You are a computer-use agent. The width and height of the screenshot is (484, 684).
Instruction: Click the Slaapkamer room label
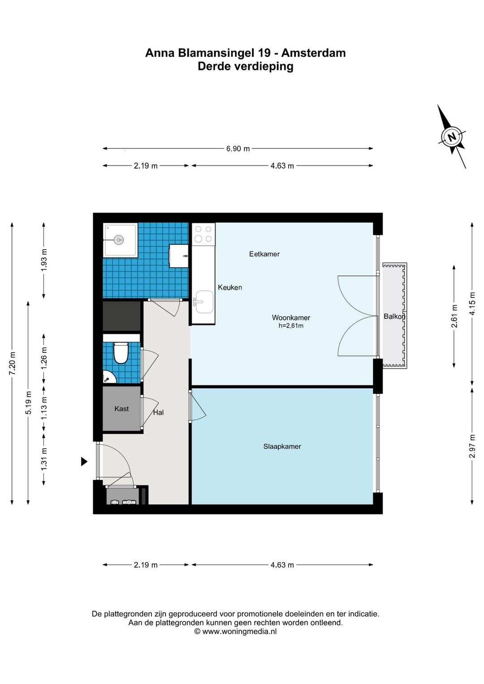[x=282, y=446]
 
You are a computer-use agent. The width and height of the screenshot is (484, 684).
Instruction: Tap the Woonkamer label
[x=291, y=317]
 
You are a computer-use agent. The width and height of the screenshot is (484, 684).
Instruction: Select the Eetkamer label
[x=264, y=254]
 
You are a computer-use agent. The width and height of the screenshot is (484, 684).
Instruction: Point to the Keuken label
[x=229, y=287]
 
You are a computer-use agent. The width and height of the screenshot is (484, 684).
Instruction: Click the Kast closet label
[x=121, y=409]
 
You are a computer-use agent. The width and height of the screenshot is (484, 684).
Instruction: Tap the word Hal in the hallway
[x=158, y=412]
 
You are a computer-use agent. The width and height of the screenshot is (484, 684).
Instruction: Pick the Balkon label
[x=394, y=316]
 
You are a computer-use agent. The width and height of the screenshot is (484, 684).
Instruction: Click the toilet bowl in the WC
[x=121, y=353]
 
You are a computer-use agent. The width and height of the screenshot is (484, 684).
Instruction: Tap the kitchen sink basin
[x=204, y=302]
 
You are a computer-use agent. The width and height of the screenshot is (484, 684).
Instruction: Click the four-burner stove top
[x=203, y=234]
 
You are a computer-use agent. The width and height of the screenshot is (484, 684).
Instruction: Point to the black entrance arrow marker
[x=84, y=461]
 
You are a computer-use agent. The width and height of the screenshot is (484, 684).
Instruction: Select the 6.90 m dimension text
[x=238, y=149]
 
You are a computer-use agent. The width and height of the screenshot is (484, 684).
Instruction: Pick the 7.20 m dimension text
[x=12, y=364]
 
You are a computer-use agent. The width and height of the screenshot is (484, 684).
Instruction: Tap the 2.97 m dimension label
[x=472, y=446]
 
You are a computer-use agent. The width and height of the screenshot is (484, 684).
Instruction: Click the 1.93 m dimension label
[x=44, y=260]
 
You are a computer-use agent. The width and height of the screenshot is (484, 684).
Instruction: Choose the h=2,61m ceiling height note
[x=291, y=326]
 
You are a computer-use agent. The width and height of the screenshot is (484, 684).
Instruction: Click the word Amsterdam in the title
[x=313, y=53]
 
